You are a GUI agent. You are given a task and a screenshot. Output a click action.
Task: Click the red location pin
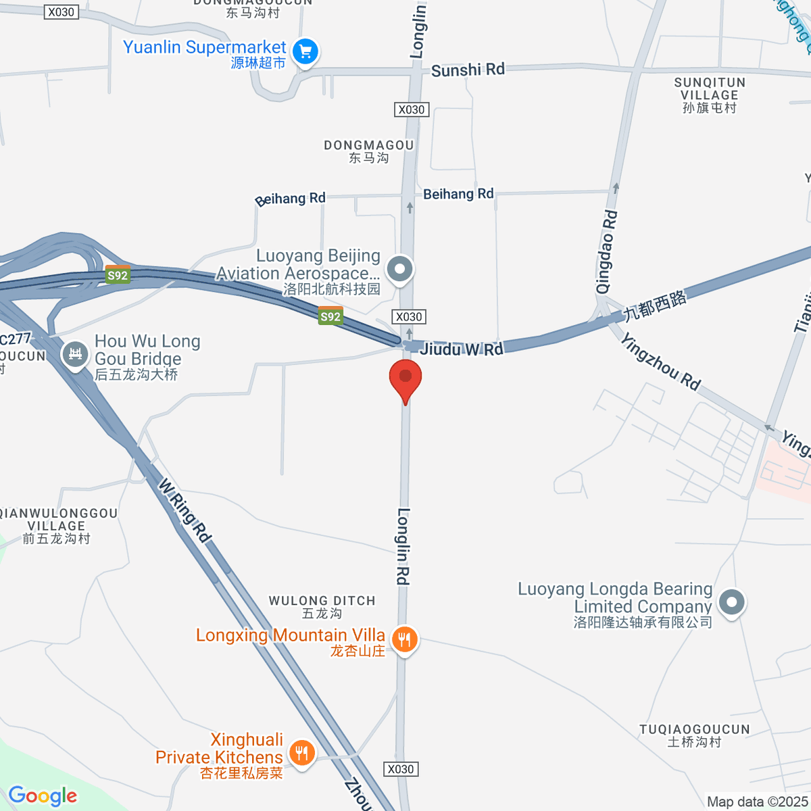tap(405, 376)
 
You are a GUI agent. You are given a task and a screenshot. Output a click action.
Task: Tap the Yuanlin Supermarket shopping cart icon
tap(305, 51)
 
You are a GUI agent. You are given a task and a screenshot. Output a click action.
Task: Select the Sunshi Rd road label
tap(468, 70)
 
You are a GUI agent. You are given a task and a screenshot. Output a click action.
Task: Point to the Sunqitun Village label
tap(710, 95)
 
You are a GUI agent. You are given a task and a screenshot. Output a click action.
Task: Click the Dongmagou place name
tap(368, 151)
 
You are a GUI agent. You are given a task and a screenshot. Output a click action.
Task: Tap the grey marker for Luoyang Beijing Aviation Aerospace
tap(399, 269)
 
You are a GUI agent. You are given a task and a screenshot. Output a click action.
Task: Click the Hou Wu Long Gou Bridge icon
tap(75, 353)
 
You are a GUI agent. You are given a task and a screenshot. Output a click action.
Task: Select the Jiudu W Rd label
tap(462, 349)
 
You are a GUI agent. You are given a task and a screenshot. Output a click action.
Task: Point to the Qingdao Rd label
tap(606, 251)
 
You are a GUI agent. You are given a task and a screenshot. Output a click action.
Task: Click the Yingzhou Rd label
tap(660, 362)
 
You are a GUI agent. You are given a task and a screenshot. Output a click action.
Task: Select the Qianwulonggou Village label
tap(57, 526)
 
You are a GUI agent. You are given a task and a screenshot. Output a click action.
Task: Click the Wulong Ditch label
tap(322, 606)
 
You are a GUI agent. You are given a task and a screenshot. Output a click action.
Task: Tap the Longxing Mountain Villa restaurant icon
tap(404, 639)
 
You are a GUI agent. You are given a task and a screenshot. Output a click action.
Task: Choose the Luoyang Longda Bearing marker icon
tap(731, 601)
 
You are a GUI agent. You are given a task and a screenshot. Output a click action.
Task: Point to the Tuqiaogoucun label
tap(695, 735)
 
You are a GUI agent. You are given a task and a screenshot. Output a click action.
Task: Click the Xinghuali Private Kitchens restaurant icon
tap(301, 752)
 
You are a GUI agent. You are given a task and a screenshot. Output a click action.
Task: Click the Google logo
tap(43, 796)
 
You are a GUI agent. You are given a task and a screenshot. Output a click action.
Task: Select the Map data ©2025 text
tap(757, 802)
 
